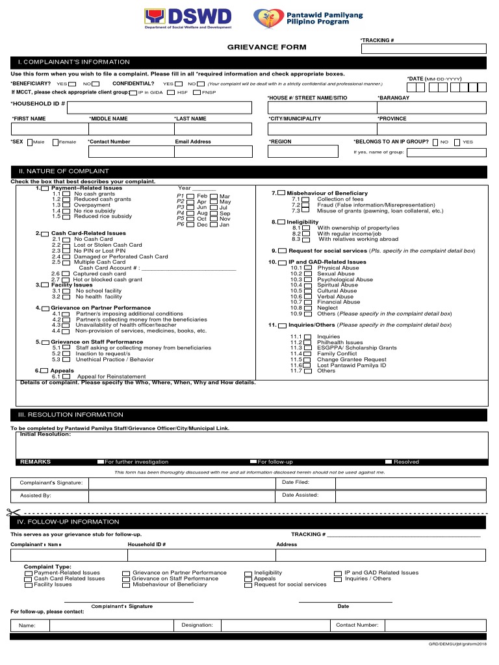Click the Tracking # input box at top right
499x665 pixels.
point(422,49)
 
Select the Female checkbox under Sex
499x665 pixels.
point(55,142)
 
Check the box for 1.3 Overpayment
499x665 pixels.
point(66,205)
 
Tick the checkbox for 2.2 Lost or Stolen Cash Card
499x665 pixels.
point(66,245)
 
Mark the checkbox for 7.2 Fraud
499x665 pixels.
point(305,205)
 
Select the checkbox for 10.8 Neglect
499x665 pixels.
point(307,308)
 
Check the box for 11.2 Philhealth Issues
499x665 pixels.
point(307,342)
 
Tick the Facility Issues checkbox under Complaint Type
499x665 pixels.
point(29,584)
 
